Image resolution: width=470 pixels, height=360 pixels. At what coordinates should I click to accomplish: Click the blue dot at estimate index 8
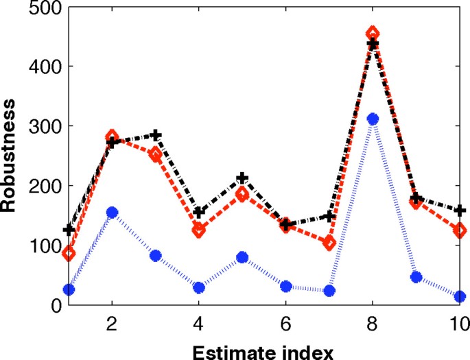pos(373,119)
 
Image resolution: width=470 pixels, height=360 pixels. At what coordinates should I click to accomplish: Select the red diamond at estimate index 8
pos(373,34)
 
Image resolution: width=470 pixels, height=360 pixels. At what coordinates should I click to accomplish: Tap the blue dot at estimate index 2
pos(112,213)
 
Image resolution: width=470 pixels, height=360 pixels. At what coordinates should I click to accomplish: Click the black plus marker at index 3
pos(156,135)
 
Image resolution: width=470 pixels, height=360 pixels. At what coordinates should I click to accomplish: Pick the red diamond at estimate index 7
pos(329,243)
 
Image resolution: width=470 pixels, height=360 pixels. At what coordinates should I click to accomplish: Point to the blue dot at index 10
pos(460,297)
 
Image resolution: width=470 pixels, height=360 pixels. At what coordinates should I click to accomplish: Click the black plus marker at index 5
pos(242,178)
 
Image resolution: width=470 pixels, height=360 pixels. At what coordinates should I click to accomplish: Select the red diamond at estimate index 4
pos(199,230)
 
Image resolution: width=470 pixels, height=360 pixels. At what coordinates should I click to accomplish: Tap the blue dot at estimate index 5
pos(242,258)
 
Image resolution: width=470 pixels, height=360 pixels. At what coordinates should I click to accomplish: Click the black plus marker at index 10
pos(460,210)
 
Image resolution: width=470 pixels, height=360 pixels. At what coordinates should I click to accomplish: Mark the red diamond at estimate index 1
pos(69,254)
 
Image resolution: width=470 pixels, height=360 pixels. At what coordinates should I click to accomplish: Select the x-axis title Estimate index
pos(263,351)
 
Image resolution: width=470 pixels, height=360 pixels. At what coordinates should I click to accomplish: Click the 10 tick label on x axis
pos(458,322)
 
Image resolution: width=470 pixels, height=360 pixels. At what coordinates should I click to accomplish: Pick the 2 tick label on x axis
pos(112,322)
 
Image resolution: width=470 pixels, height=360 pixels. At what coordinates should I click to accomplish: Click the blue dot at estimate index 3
pos(156,256)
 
